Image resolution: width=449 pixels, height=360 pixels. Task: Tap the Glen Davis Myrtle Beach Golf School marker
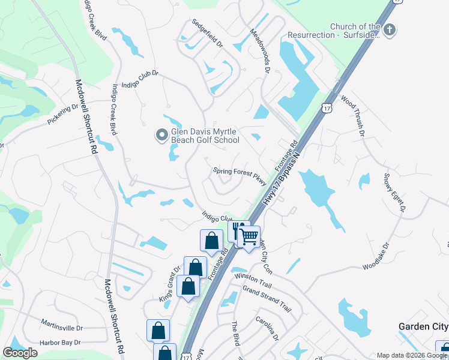point(161,136)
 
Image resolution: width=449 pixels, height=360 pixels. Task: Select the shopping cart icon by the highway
point(249,236)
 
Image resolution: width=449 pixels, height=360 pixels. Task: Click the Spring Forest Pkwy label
point(240,171)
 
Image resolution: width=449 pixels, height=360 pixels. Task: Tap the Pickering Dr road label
point(63,115)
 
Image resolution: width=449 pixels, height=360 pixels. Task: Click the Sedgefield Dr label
point(207,34)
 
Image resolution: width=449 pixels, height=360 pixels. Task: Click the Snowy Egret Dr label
point(394,193)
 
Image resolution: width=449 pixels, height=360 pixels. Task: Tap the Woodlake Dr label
point(376,256)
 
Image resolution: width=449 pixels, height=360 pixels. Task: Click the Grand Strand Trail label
point(267,298)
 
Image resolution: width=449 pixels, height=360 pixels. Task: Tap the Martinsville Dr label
point(62,328)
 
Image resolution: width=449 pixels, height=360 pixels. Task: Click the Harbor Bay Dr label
point(60,343)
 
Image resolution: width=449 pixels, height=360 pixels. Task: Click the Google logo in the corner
point(20,353)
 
